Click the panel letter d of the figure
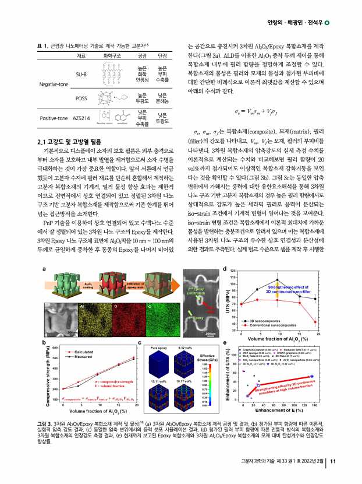click(x=225, y=269)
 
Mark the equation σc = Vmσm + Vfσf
click(x=263, y=108)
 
